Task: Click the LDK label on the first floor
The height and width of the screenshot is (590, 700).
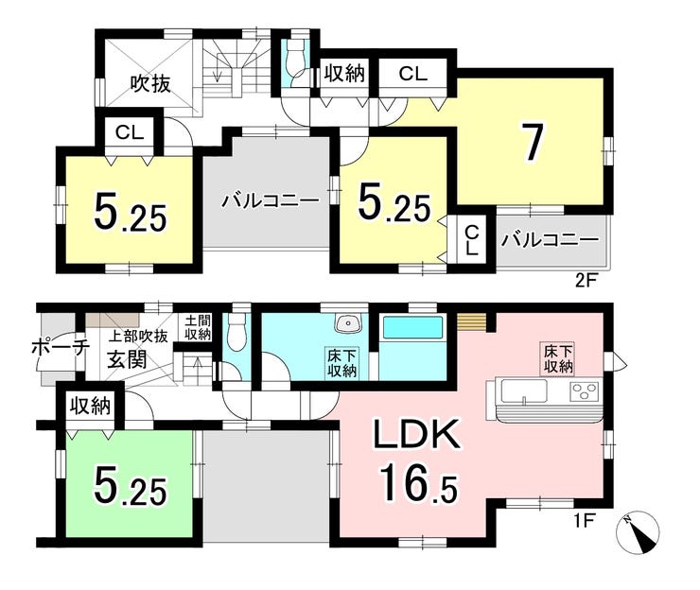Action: pos(416,434)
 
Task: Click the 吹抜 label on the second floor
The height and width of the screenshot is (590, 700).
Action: pos(150,83)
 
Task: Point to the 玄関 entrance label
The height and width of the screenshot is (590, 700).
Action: pos(127,358)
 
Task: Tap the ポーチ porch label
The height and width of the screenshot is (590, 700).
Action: pos(58,348)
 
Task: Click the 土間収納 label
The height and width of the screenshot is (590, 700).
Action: pos(198,327)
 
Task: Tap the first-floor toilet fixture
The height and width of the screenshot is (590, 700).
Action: pos(236,333)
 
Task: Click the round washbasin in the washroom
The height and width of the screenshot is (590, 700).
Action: pos(347,323)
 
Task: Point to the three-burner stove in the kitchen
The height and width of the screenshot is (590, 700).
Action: pos(585,391)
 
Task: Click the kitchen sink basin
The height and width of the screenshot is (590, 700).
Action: pos(524,391)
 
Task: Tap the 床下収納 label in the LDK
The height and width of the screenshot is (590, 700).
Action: pos(558,358)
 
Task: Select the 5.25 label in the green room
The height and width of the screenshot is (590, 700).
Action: pos(130,489)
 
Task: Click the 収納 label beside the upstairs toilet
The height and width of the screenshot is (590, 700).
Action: pos(344,73)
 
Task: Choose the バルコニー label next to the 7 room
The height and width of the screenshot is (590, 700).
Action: pos(550,240)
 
